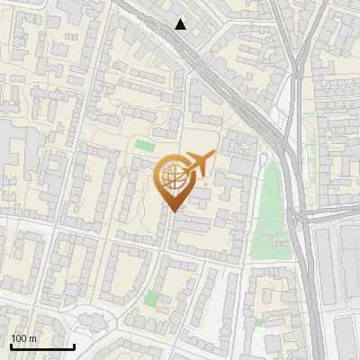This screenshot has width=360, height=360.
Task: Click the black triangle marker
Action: [x=181, y=24]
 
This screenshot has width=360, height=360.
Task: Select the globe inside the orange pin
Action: [x=172, y=175]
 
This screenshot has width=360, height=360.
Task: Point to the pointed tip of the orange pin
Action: [x=172, y=211]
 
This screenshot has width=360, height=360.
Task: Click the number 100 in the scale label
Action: [x=18, y=338]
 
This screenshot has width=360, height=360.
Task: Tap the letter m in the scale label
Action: [x=32, y=338]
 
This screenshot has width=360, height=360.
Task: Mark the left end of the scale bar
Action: [x=11, y=346]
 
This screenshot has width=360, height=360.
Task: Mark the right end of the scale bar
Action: [x=74, y=346]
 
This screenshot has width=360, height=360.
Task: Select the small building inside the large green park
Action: [x=279, y=241]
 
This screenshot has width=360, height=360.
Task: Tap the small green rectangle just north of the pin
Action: [x=145, y=145]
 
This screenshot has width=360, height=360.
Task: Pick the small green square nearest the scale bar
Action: [x=152, y=298]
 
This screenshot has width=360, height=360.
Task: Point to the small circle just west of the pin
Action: [x=123, y=171]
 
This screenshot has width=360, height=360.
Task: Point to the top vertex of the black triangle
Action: [x=181, y=18]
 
